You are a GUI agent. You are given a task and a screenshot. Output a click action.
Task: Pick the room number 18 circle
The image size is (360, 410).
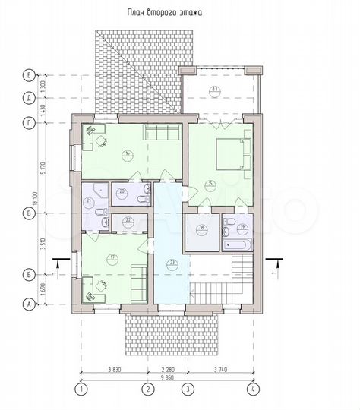click(x=202, y=227)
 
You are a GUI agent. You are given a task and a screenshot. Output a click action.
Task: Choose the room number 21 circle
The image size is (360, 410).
click(x=89, y=200)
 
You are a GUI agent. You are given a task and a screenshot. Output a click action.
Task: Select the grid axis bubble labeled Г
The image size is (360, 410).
click(x=28, y=121)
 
